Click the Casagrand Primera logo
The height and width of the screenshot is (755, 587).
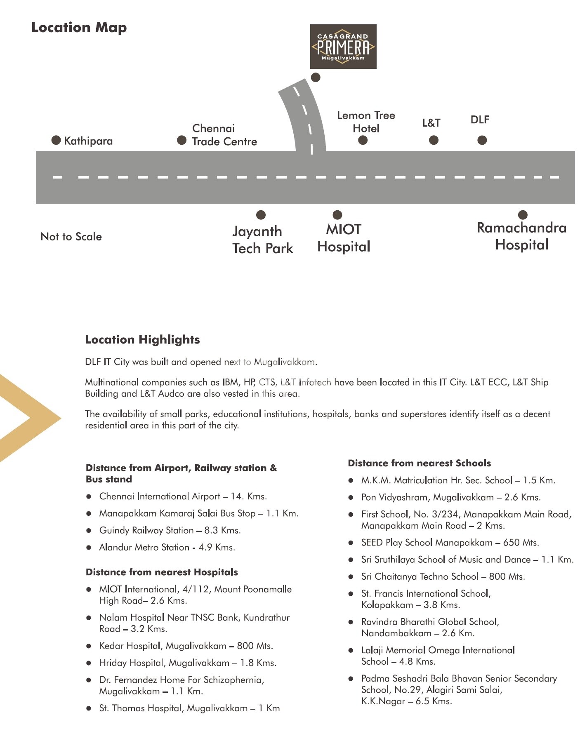(x=343, y=47)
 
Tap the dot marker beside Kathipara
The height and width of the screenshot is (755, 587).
(x=56, y=140)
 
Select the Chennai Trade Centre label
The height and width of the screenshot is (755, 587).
(x=224, y=135)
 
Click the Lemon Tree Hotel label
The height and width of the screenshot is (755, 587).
(x=366, y=122)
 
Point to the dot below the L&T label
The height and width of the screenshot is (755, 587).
(x=434, y=140)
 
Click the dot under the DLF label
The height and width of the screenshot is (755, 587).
(x=482, y=140)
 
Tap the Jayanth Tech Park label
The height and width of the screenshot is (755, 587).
(x=263, y=240)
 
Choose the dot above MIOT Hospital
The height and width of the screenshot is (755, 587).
(x=337, y=215)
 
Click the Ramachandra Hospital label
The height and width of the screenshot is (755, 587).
(x=521, y=236)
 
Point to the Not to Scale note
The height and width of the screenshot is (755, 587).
(x=71, y=237)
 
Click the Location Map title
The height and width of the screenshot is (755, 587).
(x=79, y=28)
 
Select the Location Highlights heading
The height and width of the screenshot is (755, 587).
(x=142, y=340)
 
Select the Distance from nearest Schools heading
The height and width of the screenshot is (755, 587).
(x=419, y=463)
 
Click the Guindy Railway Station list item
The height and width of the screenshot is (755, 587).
(x=170, y=530)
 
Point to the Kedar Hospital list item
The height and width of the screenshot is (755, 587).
(x=186, y=646)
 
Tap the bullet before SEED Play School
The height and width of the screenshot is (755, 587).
(x=351, y=543)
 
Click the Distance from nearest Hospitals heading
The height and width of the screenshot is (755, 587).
(x=162, y=572)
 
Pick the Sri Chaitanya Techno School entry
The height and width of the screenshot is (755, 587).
(x=443, y=576)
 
